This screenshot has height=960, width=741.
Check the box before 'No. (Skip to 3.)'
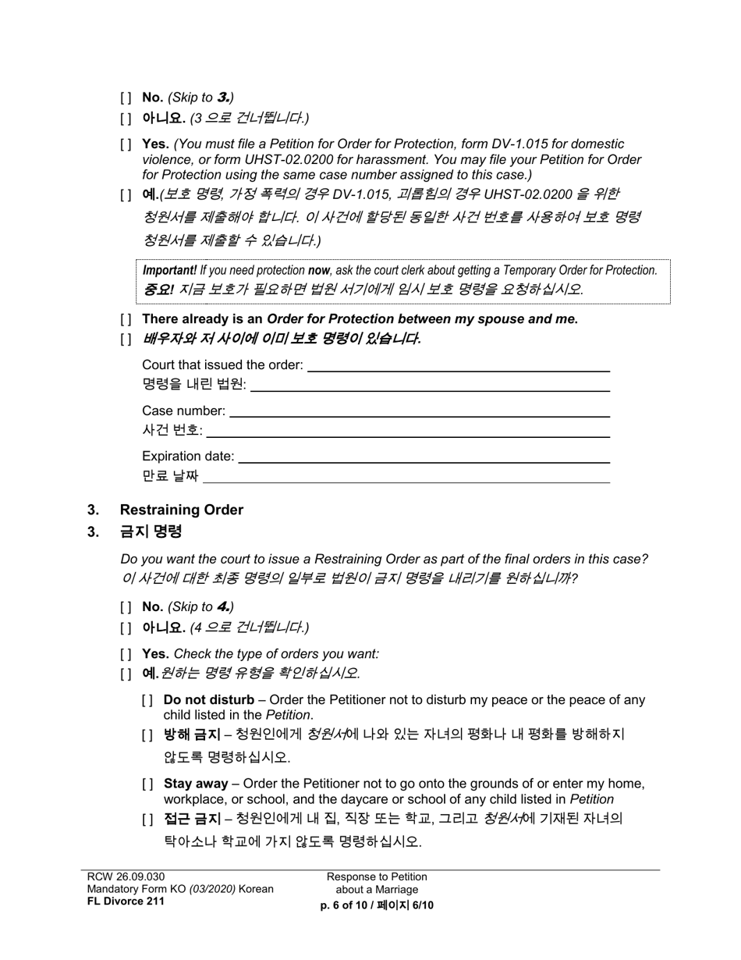[x=126, y=98]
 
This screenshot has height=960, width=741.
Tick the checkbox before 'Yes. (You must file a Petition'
[x=126, y=144]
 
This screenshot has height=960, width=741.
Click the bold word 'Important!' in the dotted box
[x=169, y=270]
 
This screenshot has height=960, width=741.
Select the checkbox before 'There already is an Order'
[x=126, y=319]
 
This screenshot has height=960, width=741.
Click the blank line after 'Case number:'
[x=419, y=412]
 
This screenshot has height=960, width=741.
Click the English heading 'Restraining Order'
[x=181, y=510]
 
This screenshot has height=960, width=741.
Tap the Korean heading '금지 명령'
[x=151, y=532]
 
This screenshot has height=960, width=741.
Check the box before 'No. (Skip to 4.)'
[x=126, y=606]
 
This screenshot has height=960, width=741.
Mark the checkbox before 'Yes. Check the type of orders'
[x=126, y=654]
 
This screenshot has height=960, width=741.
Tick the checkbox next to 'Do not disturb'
[x=147, y=700]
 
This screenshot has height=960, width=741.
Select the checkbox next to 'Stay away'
[x=147, y=784]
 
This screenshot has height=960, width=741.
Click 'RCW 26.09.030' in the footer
[x=126, y=876]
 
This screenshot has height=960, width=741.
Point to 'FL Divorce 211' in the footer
[x=126, y=901]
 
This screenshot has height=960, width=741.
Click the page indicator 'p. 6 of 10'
[x=347, y=905]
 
